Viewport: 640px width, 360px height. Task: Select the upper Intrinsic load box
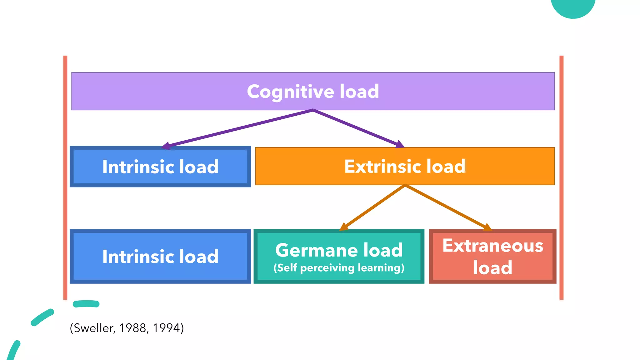(160, 167)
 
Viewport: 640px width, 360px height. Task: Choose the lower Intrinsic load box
(160, 256)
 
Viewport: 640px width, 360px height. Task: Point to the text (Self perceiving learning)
(339, 268)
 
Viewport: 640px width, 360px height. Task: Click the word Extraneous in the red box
(492, 246)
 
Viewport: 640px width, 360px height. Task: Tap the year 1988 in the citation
(132, 328)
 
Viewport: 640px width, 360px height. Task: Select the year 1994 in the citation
(166, 328)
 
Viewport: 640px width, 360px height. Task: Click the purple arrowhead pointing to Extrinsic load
(399, 144)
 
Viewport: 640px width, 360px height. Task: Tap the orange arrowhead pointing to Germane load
(344, 227)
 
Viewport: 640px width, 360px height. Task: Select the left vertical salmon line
(65, 178)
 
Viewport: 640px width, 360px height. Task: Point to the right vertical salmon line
(561, 178)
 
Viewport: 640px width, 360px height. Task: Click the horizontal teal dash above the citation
(86, 304)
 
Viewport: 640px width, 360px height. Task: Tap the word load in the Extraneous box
(492, 267)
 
